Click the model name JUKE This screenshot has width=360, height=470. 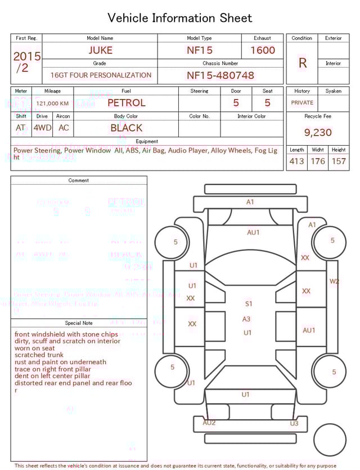click(100, 50)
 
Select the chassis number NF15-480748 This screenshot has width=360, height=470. click(220, 75)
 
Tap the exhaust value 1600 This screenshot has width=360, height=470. click(262, 50)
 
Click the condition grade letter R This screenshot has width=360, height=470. click(302, 63)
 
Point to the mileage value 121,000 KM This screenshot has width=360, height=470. click(52, 104)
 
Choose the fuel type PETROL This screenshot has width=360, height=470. click(126, 103)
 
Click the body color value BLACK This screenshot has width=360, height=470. click(126, 128)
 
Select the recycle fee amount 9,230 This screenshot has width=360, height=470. click(318, 133)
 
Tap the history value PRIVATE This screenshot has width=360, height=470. click(302, 103)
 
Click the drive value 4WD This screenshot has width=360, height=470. click(42, 128)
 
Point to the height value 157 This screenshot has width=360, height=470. click(339, 162)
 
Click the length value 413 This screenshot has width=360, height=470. click(296, 162)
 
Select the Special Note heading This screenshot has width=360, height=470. click(79, 323)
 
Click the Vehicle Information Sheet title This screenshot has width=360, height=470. click(180, 18)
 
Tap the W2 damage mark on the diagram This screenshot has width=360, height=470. click(334, 281)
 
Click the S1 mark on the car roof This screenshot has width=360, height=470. click(249, 304)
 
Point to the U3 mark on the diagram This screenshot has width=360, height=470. click(294, 423)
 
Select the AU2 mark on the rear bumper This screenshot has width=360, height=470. click(209, 422)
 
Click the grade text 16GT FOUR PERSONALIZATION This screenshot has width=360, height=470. click(101, 75)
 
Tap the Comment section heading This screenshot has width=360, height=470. click(79, 181)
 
